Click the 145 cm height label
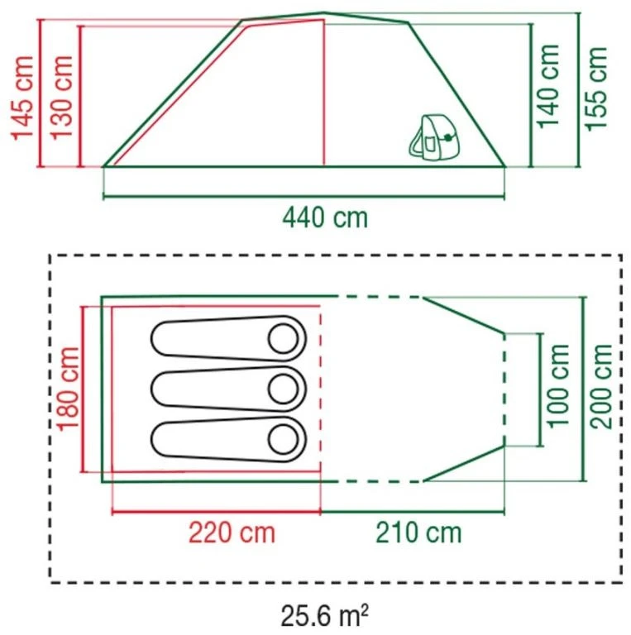22,98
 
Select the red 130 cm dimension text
61,98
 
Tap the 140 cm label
548,86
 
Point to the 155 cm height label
596,88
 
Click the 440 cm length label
325,218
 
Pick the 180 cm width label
68,389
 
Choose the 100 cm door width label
558,385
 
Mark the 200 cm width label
601,386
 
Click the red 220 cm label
232,533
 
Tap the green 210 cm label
418,532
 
